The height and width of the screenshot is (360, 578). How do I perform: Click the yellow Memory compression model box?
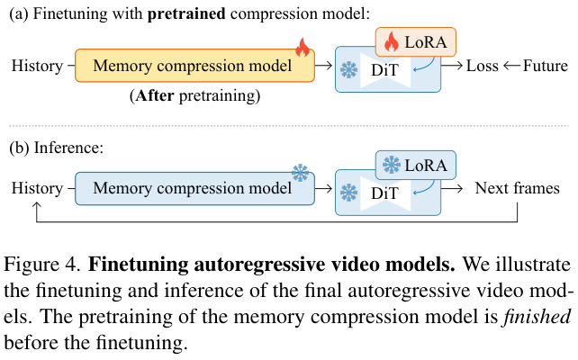[x=194, y=66]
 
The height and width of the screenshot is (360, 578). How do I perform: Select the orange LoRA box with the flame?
[x=415, y=41]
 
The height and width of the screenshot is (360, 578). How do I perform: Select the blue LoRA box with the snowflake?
[x=415, y=165]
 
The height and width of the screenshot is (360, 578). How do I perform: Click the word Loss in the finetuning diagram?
[x=482, y=66]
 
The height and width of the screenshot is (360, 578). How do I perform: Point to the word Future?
[x=546, y=66]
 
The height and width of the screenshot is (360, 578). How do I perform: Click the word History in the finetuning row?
[x=36, y=66]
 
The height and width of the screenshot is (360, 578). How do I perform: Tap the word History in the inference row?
[x=36, y=189]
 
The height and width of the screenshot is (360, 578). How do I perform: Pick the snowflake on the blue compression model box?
[x=300, y=172]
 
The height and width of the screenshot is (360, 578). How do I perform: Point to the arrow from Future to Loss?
[x=511, y=66]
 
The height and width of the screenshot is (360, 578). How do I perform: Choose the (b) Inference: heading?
[x=54, y=147]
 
